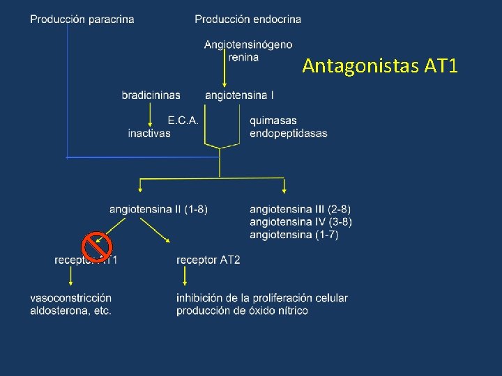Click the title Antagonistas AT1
380,66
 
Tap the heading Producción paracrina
82,19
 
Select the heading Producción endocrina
248,19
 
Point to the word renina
243,56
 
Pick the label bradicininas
151,95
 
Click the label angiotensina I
239,95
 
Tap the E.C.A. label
183,120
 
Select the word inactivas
149,133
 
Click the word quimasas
273,120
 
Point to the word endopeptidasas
288,133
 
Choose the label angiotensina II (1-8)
158,209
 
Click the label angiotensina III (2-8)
300,209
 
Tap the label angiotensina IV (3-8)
301,221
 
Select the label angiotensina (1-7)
294,235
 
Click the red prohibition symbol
97,246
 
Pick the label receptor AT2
208,260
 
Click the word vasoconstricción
70,298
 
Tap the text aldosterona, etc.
70,311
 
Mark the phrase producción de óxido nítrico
242,311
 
